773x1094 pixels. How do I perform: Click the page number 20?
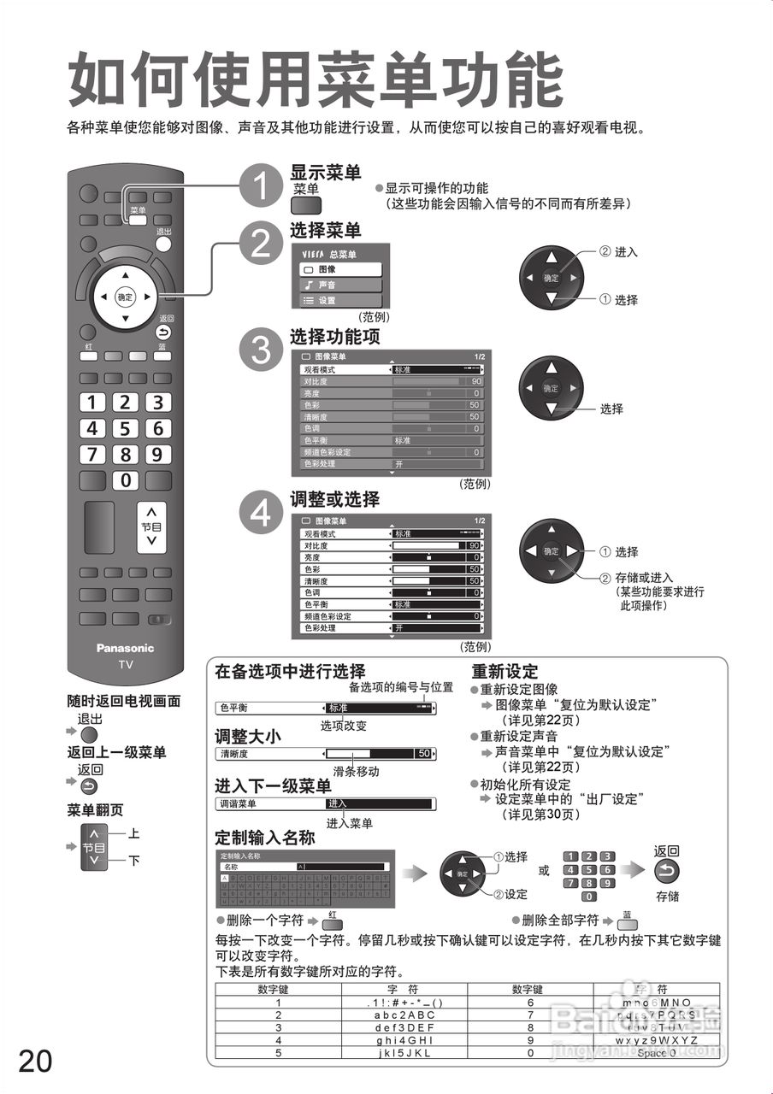35,1060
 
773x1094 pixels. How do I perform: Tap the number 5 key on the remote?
125,428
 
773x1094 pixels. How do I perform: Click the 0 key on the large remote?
126,480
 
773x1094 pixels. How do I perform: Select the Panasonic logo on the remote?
125,648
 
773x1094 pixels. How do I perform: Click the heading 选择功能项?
334,336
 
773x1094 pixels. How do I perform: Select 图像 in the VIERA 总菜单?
339,269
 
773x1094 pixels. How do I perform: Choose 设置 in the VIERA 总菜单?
339,301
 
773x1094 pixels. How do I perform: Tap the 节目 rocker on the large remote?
150,526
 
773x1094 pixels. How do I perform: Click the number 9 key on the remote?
157,455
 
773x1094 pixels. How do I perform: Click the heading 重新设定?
505,672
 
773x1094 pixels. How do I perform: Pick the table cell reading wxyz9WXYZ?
657,1040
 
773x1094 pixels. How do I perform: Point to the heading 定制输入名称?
264,838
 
